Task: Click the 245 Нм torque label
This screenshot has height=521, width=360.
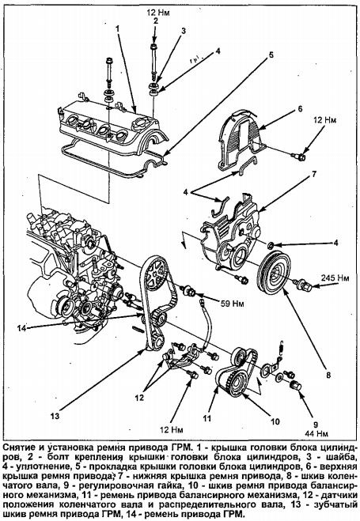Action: [x=335, y=278]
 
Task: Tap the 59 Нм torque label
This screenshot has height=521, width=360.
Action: [x=232, y=304]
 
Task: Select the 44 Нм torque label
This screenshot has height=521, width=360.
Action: [x=316, y=433]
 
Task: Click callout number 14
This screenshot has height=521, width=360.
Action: [x=21, y=328]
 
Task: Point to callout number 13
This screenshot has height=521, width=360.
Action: [x=55, y=416]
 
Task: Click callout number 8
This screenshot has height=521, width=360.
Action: [x=328, y=375]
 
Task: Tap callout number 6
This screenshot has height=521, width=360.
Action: [x=300, y=108]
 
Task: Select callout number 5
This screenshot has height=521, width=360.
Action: [x=271, y=55]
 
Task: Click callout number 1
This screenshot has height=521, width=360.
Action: [x=117, y=28]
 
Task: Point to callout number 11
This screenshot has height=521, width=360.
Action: [x=207, y=418]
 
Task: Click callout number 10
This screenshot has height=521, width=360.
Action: [x=275, y=421]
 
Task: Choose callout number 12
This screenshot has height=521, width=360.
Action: [x=139, y=398]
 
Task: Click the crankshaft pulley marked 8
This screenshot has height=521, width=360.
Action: [x=275, y=273]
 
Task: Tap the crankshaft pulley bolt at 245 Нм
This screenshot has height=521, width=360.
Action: [x=302, y=285]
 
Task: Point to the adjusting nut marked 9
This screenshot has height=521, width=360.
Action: [x=295, y=386]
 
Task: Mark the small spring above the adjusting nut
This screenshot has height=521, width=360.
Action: [x=281, y=348]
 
